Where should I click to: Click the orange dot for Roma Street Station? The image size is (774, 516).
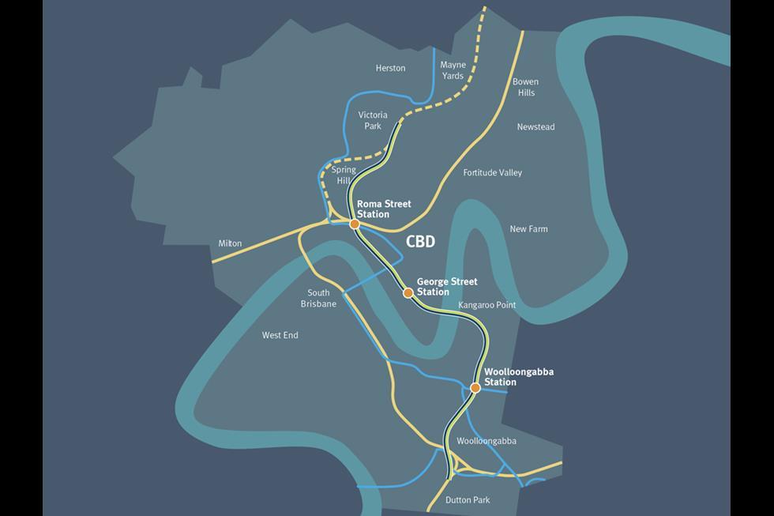click(355, 224)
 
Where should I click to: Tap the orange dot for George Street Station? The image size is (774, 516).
click(408, 293)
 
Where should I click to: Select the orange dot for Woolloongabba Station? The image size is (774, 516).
click(475, 388)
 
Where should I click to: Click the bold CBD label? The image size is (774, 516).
click(420, 243)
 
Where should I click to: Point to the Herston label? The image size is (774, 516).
click(390, 69)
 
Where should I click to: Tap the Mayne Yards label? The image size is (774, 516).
click(453, 70)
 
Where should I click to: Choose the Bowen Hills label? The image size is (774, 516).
click(524, 87)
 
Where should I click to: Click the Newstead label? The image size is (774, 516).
click(536, 127)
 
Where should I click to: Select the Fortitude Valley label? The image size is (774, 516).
click(493, 173)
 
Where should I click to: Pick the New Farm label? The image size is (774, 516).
click(528, 229)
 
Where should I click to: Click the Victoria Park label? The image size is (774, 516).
click(373, 120)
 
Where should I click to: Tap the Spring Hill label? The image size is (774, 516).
click(344, 175)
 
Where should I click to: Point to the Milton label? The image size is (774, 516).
click(230, 243)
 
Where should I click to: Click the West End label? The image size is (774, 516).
click(280, 336)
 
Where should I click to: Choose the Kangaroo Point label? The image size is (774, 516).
click(487, 305)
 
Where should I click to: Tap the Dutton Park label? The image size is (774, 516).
click(468, 500)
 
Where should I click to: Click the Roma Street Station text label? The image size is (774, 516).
click(384, 209)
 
